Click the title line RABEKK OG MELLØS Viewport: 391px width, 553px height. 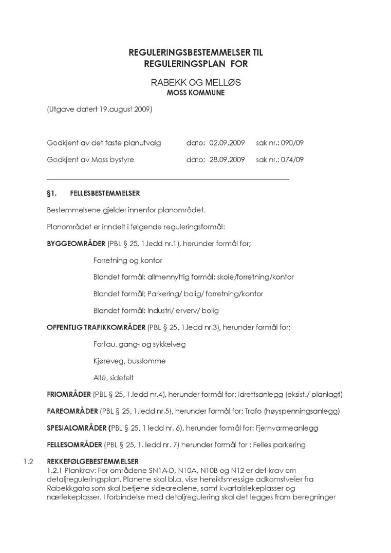coord(196,83)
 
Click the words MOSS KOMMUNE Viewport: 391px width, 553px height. coord(196,93)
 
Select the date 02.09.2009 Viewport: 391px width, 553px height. coord(227,143)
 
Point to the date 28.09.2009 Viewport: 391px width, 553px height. coord(227,160)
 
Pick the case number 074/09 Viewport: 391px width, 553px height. coord(292,160)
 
